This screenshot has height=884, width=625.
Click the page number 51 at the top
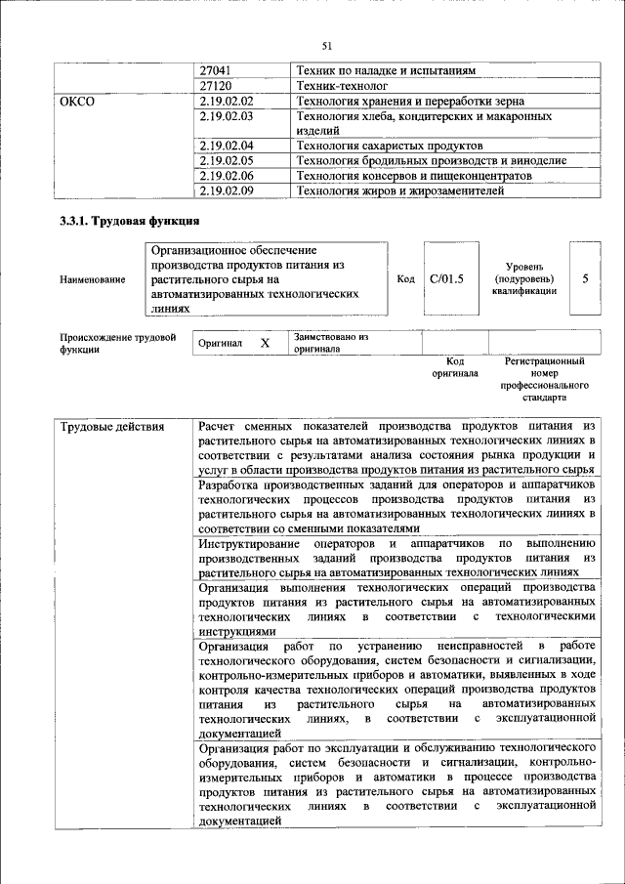point(327,45)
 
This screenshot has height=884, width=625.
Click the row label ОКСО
point(78,101)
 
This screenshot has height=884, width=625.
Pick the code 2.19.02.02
point(227,101)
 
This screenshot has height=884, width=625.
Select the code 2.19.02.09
point(227,190)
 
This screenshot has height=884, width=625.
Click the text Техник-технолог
point(342,86)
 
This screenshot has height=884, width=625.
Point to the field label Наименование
point(93,280)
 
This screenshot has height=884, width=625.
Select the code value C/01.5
point(446,279)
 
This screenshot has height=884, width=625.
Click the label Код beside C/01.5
point(405,279)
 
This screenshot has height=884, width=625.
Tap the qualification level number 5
point(585,279)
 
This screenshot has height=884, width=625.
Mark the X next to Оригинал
point(264,344)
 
